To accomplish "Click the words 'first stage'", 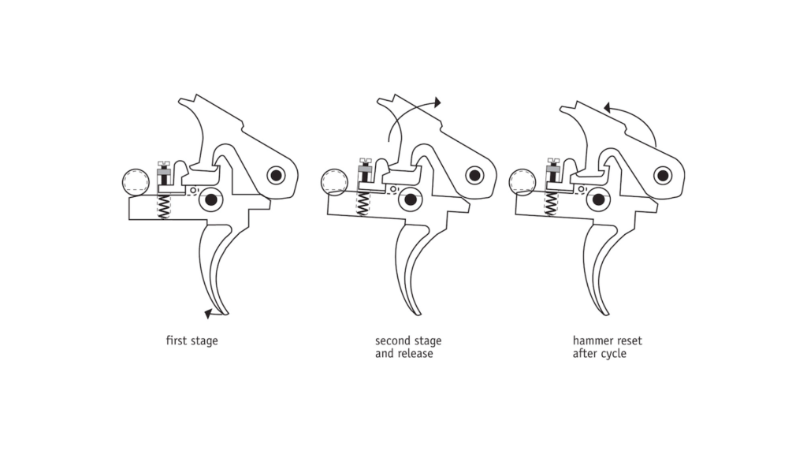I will tap(192, 341).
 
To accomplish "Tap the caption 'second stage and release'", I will tap(407, 348).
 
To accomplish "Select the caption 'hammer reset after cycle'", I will tap(607, 348).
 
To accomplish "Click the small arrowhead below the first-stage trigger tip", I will tap(208, 314).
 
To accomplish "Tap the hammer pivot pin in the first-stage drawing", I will tap(276, 175).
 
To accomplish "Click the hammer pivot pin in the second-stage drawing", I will tap(474, 175).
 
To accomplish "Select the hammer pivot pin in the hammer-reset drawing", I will tap(662, 175).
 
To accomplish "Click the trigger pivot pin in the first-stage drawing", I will tap(211, 200).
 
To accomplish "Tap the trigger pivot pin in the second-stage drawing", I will tap(410, 200).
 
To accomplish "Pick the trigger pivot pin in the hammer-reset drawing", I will tap(598, 200).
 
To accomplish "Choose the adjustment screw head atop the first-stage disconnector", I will tap(165, 164).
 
